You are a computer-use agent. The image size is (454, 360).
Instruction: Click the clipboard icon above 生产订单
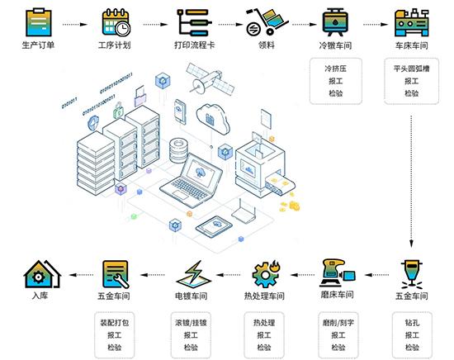pyautogui.click(x=39, y=22)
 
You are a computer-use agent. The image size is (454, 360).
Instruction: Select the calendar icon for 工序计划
pyautogui.click(x=116, y=22)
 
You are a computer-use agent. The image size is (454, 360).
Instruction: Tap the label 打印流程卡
pyautogui.click(x=194, y=45)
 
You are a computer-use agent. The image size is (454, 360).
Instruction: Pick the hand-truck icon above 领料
pyautogui.click(x=267, y=22)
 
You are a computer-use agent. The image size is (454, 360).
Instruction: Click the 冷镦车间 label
pyautogui.click(x=335, y=45)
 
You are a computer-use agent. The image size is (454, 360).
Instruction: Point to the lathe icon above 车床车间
pyautogui.click(x=411, y=22)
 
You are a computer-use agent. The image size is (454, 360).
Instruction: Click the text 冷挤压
pyautogui.click(x=336, y=69)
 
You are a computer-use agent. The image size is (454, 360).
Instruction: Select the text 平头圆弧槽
pyautogui.click(x=411, y=69)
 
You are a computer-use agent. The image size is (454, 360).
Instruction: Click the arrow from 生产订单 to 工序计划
pyautogui.click(x=74, y=24)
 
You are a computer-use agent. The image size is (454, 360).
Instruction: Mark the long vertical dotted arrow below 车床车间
pyautogui.click(x=411, y=182)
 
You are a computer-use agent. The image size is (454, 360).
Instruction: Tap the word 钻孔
pyautogui.click(x=412, y=323)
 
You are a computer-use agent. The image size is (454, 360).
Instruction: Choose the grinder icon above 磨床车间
pyautogui.click(x=338, y=273)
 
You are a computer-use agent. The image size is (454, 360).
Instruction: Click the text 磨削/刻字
pyautogui.click(x=338, y=323)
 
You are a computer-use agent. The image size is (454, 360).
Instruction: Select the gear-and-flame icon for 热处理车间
pyautogui.click(x=266, y=273)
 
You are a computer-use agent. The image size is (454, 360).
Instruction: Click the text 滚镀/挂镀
pyautogui.click(x=191, y=323)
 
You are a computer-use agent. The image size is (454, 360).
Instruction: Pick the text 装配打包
pyautogui.click(x=115, y=323)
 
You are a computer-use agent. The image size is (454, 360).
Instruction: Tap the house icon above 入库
pyautogui.click(x=42, y=274)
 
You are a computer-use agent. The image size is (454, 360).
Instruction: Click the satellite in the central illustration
pyautogui.click(x=210, y=79)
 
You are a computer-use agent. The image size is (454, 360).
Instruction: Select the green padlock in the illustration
pyautogui.click(x=118, y=110)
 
